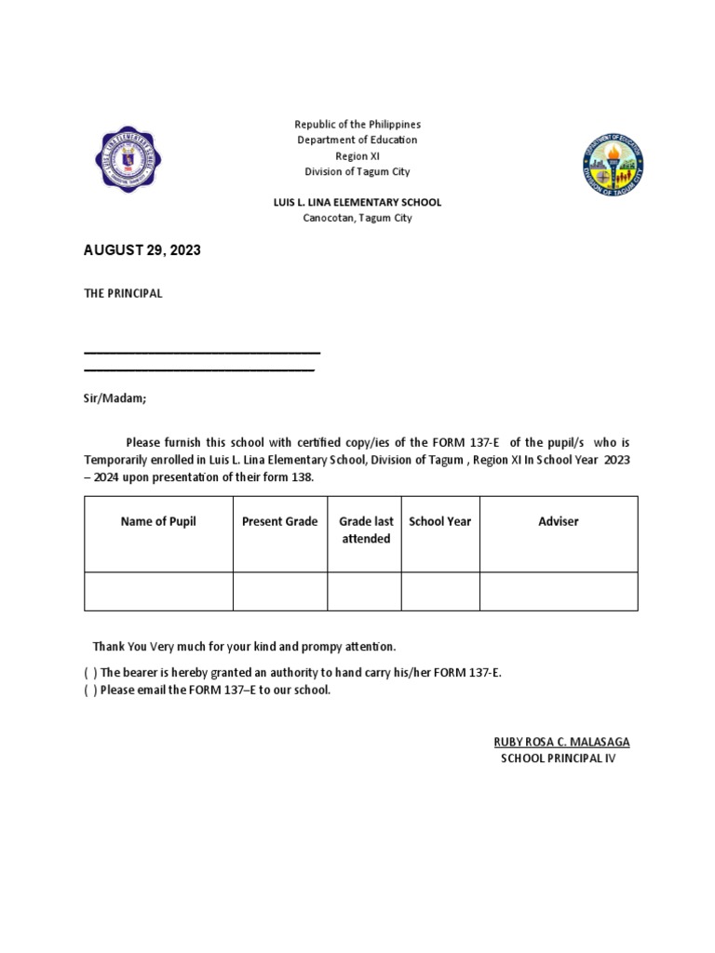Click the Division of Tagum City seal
click(613, 165)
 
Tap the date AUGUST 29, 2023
click(142, 250)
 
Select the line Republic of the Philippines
click(357, 124)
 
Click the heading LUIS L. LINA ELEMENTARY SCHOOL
click(357, 202)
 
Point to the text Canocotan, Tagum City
click(357, 218)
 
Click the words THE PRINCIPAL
click(123, 293)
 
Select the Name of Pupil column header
click(158, 521)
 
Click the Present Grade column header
click(279, 521)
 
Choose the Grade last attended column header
click(366, 530)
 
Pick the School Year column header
click(440, 521)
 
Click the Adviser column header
click(559, 521)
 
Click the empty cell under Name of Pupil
click(158, 591)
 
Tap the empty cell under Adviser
click(559, 591)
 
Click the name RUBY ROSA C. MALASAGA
click(561, 742)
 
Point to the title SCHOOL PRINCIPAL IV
click(559, 758)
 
